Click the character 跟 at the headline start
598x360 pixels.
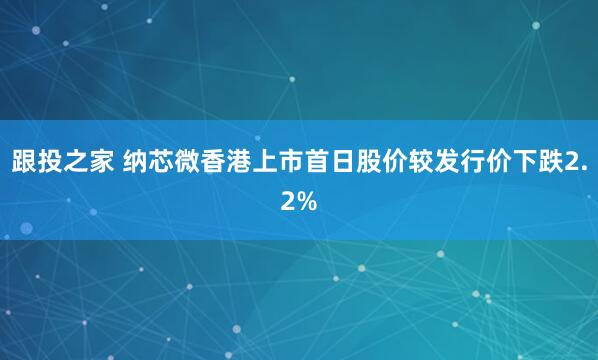(25, 162)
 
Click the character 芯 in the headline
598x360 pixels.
(162, 162)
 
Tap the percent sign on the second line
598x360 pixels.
(308, 202)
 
